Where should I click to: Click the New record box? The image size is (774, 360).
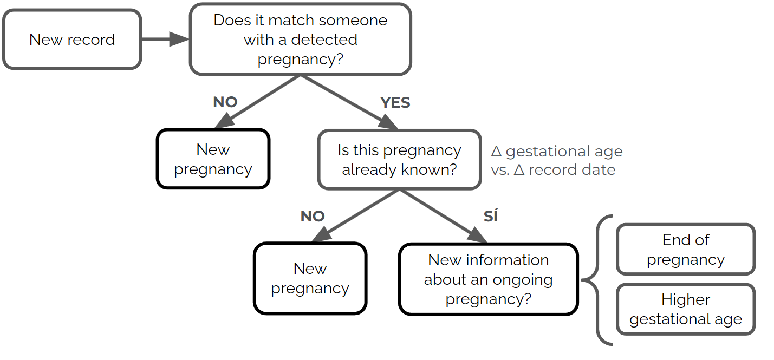click(72, 40)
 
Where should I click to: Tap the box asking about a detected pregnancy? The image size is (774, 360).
click(300, 40)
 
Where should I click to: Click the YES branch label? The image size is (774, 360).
click(395, 103)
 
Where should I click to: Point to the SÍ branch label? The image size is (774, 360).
click(490, 217)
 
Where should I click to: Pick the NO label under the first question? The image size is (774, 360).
click(225, 103)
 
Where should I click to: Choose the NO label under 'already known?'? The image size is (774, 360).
click(313, 217)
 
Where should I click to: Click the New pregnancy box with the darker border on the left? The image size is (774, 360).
click(213, 159)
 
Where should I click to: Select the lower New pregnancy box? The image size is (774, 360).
click(310, 278)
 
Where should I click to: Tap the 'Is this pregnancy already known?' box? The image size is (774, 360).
click(399, 160)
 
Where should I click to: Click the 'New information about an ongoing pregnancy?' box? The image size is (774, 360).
click(488, 279)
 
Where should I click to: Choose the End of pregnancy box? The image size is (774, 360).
click(685, 250)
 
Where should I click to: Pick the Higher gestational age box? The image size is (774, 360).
click(685, 310)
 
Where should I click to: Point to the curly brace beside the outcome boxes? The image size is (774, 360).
click(596, 280)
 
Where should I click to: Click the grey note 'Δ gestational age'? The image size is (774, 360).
click(556, 151)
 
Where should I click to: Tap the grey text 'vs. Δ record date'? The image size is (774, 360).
click(552, 169)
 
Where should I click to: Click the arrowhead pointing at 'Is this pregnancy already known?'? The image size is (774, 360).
click(388, 123)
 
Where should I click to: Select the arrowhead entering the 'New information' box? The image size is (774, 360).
click(477, 235)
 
